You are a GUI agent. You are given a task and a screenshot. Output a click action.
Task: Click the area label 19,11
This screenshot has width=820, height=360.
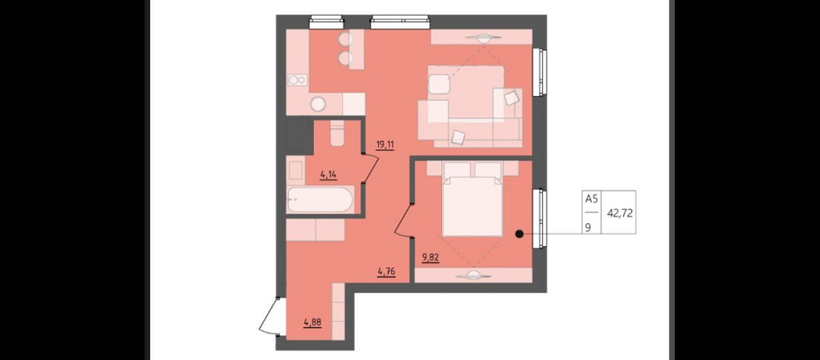click(x=385, y=145)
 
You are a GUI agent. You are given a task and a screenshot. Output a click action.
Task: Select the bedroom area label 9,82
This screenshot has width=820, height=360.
click(x=430, y=257)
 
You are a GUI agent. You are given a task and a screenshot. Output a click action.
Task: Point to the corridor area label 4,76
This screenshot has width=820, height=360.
click(x=385, y=271)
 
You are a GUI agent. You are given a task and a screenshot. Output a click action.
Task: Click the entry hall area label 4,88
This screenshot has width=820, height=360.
click(x=312, y=322)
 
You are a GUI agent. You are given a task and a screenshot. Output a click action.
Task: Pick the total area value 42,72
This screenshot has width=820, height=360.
click(x=619, y=213)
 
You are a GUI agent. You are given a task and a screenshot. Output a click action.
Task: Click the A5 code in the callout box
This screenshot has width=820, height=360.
click(x=591, y=199)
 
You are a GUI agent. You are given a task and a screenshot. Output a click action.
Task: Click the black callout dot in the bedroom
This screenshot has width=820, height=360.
click(x=519, y=235)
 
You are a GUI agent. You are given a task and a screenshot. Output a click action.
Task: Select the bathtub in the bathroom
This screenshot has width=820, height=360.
click(x=321, y=200)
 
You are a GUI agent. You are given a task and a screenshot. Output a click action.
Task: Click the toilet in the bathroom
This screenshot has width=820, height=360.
click(x=337, y=133)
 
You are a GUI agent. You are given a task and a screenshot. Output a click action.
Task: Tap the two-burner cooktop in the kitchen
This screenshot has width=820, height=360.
click(x=298, y=80)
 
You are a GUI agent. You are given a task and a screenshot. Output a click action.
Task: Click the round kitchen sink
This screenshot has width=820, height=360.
click(x=318, y=104)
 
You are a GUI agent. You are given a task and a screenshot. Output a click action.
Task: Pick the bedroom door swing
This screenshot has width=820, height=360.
click(x=403, y=221)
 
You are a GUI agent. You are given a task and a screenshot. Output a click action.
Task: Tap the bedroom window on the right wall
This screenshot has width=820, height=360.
click(x=540, y=217)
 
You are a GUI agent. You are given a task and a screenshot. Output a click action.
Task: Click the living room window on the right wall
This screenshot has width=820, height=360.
click(x=540, y=73)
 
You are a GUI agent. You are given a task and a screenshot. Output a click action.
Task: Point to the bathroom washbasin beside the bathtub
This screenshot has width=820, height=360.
click(x=295, y=171)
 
